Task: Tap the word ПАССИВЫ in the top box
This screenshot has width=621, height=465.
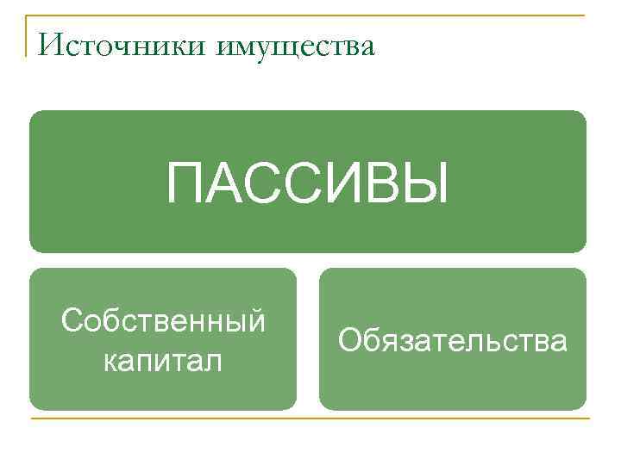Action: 307,183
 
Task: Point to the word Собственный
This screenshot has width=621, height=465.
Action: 163,322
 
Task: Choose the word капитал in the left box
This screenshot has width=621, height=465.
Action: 163,359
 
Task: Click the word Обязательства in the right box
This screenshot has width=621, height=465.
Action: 453,341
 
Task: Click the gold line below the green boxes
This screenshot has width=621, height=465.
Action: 310,419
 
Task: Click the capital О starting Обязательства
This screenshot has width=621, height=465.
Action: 348,341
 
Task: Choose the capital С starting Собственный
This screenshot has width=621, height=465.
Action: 72,322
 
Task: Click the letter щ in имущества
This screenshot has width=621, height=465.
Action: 294,46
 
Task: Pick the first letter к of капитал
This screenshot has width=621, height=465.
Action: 110,361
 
